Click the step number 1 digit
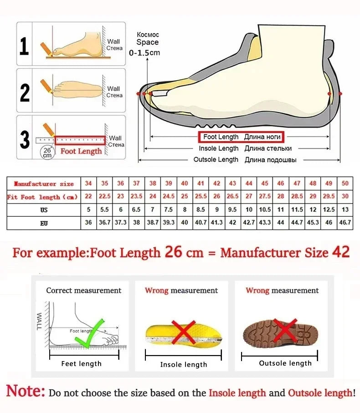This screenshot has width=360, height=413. pos(24,45)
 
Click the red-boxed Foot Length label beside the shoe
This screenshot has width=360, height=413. pos(241,137)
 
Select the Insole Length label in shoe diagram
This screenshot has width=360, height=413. pos(218,148)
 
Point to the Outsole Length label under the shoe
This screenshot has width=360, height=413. pos(216,159)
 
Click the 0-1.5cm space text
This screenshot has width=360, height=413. pos(144,53)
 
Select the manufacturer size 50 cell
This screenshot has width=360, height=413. pos(345,184)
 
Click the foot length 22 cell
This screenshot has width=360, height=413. pos(88,197)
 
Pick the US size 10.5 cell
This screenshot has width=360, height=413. pos(265,210)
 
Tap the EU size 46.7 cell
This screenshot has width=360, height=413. pos(345,223)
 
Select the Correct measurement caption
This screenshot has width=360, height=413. pos(83,291)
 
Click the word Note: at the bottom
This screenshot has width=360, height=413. pos(26,391)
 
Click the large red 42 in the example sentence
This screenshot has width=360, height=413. pos(339,252)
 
